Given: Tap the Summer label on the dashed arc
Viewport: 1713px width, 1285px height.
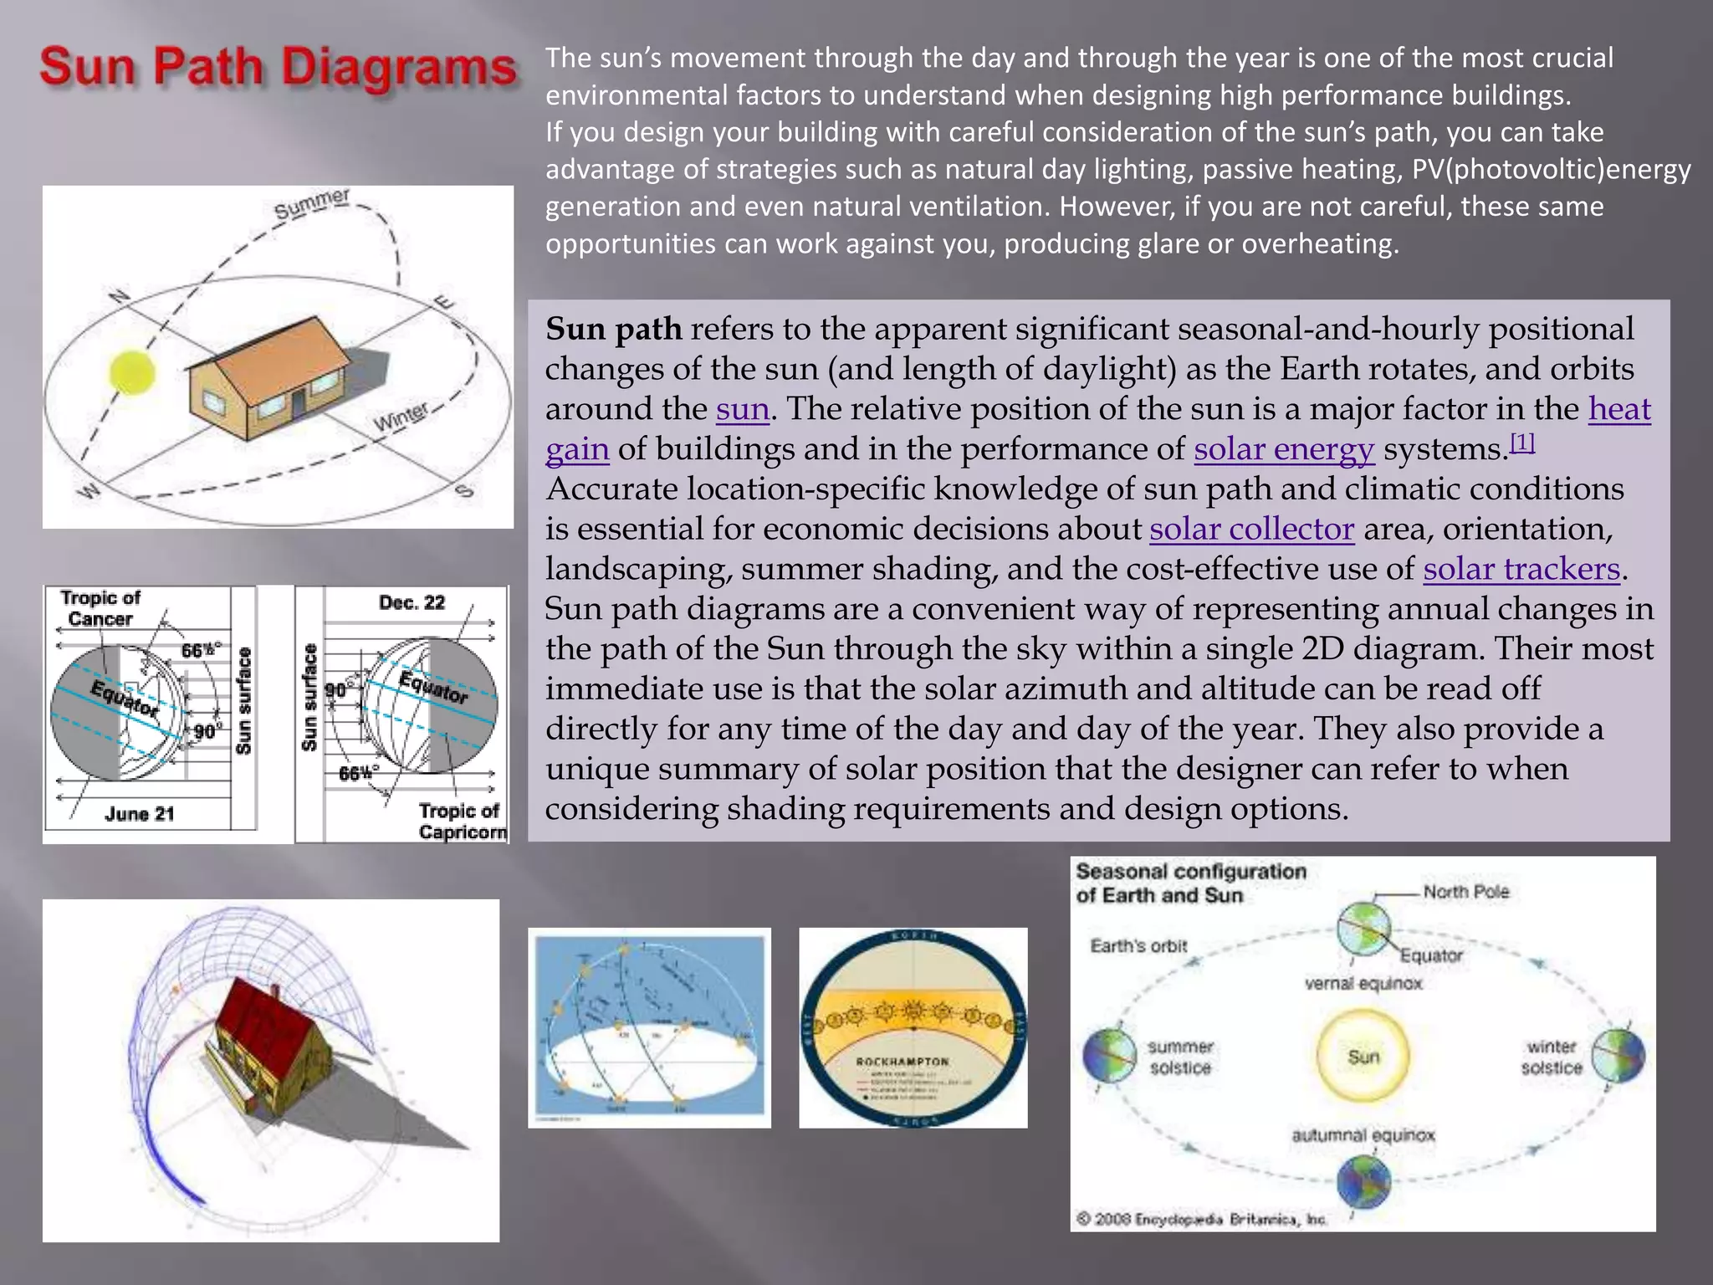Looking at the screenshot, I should (x=312, y=204).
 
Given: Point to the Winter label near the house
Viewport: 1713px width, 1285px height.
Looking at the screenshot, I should (x=401, y=416).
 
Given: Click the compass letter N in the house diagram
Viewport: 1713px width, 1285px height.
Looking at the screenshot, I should (x=120, y=296).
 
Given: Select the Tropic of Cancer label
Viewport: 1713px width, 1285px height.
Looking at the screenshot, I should (x=100, y=608).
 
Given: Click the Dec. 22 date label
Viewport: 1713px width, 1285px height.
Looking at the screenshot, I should (x=412, y=602).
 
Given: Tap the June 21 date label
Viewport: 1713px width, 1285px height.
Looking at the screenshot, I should (x=140, y=813).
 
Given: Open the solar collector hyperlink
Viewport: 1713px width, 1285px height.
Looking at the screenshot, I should (x=1251, y=529).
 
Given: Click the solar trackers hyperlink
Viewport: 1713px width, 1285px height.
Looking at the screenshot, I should (x=1521, y=569).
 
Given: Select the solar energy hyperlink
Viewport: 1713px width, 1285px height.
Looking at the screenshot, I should (x=1283, y=449).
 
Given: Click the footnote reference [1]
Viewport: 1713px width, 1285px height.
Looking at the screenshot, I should (x=1522, y=443).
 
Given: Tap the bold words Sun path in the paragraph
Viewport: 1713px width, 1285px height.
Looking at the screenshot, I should (x=613, y=329).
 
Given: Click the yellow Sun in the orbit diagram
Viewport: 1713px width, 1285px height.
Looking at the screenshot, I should (x=1363, y=1056).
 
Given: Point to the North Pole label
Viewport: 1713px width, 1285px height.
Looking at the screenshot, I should (x=1465, y=892).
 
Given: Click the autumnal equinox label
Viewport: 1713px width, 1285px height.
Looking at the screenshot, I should (x=1363, y=1135).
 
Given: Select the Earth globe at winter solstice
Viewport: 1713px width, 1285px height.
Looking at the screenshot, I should (x=1618, y=1056).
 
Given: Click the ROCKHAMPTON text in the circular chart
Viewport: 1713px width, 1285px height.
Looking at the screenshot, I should (x=903, y=1061).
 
